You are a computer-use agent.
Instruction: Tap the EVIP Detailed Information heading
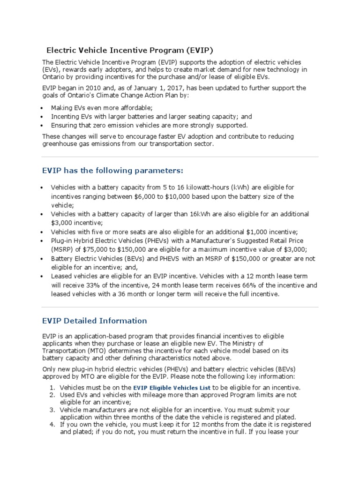pos(94,321)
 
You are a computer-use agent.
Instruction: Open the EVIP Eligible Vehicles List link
pos(172,388)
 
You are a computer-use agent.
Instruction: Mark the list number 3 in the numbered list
pos(53,410)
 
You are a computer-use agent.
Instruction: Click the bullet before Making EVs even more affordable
pos(43,108)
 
